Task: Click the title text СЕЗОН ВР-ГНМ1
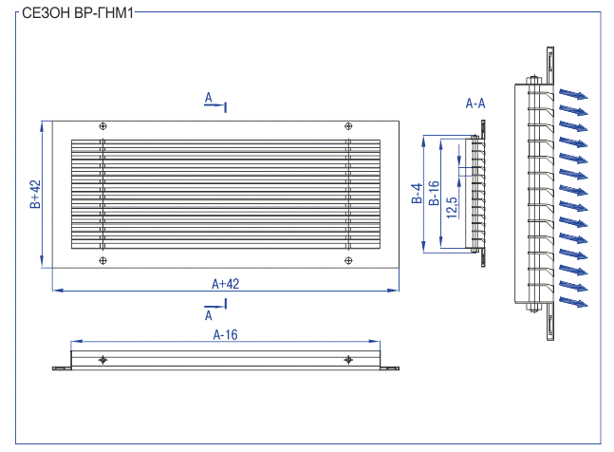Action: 78,13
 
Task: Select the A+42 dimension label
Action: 225,284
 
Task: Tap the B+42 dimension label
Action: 35,194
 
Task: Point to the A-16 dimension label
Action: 225,334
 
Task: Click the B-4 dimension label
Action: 417,193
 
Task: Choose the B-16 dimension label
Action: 434,193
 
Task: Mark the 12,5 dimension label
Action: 452,208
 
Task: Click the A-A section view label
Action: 475,104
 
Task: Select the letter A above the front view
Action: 209,98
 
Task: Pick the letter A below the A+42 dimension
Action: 209,315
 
